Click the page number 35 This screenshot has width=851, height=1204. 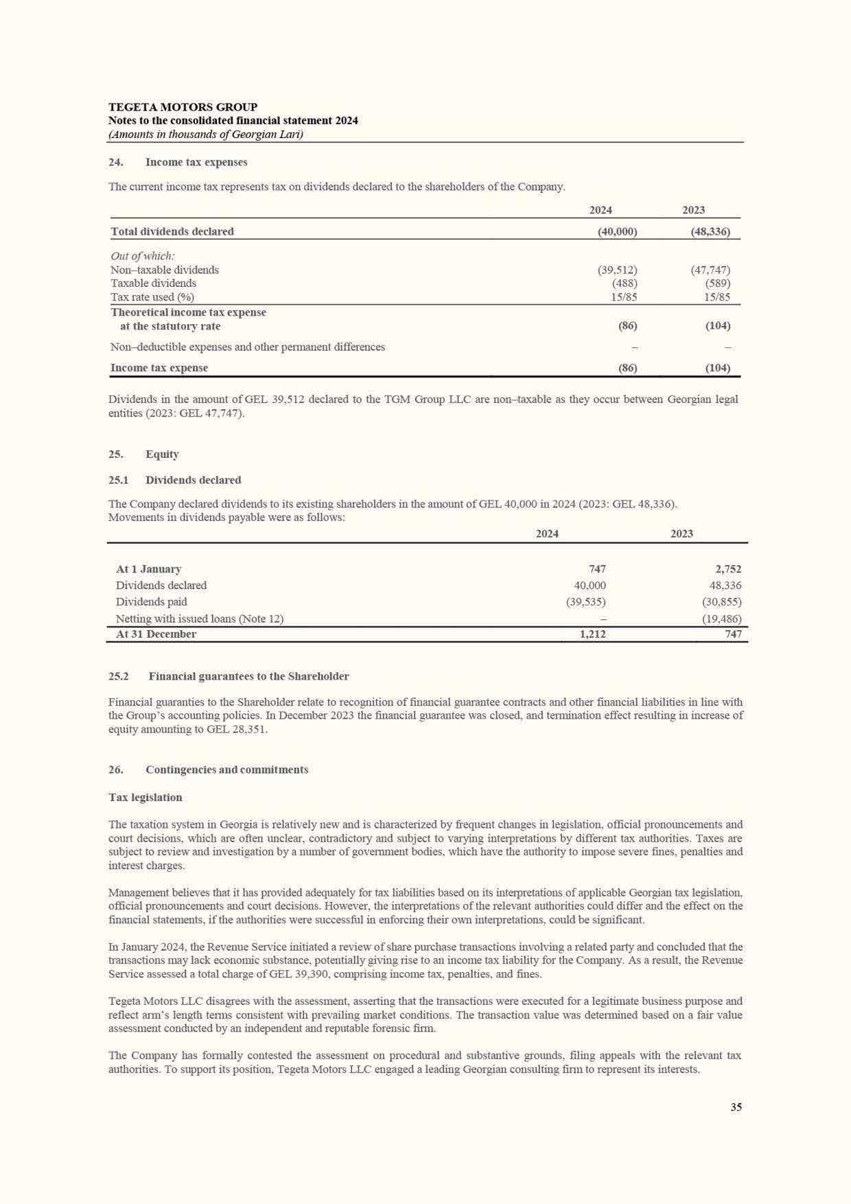pos(736,1107)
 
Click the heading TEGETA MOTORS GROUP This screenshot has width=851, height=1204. pos(183,107)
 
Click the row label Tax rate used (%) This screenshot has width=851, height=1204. pos(152,297)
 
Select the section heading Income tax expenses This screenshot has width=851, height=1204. pos(196,163)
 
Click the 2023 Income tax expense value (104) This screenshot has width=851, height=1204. pos(717,368)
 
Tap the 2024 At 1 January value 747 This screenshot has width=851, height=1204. pos(596,569)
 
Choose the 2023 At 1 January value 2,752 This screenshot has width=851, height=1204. pos(727,569)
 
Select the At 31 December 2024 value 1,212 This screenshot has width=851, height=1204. pos(592,634)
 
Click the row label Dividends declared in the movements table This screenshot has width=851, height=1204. pos(161,586)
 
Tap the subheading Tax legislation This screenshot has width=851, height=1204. pos(145,798)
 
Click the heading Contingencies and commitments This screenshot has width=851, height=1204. pos(226,769)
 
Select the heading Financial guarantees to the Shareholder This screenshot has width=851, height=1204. pos(248,677)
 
